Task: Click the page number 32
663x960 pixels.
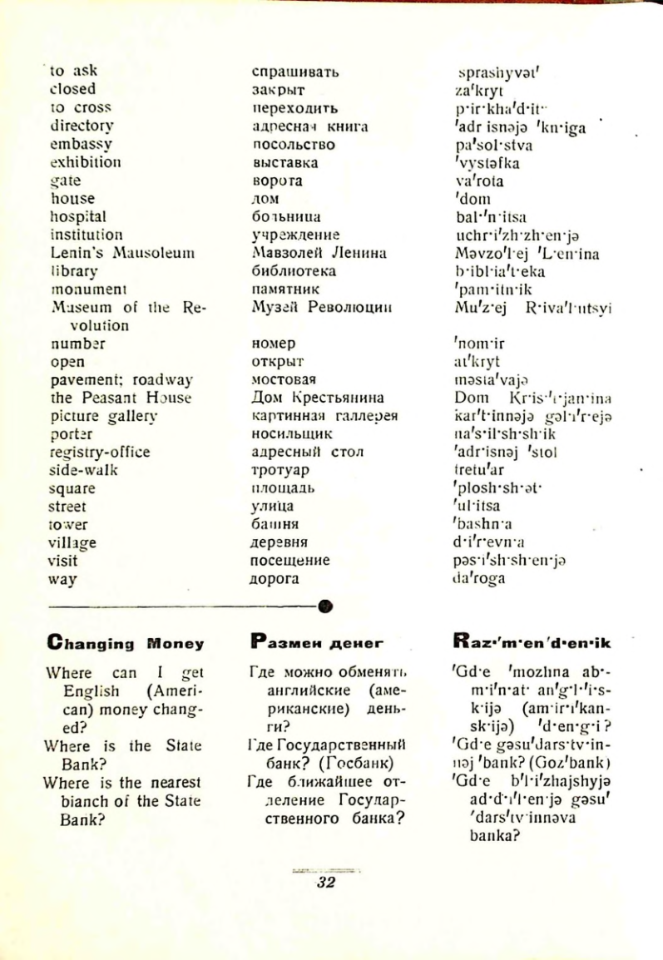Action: point(325,883)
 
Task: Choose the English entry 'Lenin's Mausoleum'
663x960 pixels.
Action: point(121,253)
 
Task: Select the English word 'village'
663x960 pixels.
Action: point(73,542)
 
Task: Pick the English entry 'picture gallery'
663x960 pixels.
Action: point(103,416)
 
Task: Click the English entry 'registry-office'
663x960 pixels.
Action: point(100,452)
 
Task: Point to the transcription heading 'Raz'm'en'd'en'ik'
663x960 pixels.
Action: point(532,642)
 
